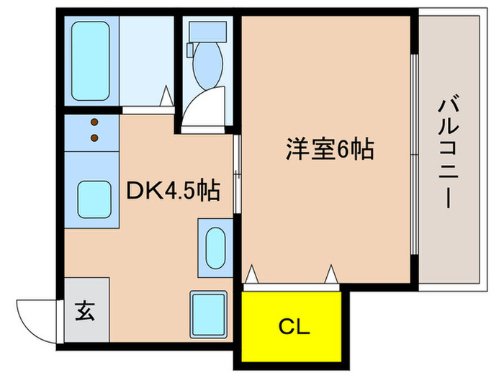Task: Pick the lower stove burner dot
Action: point(94,136)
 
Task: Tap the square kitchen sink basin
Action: point(94,197)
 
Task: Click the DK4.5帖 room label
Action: point(173,191)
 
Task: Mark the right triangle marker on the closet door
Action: point(331,274)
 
